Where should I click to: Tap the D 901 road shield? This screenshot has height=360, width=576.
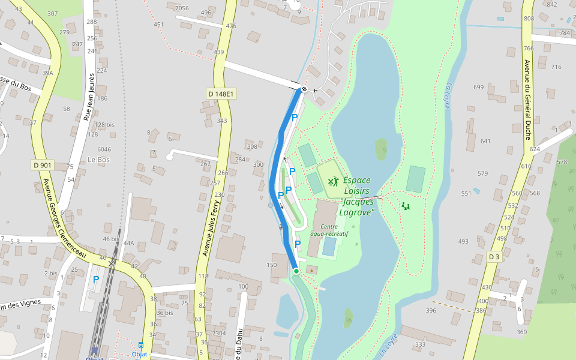click(43, 164)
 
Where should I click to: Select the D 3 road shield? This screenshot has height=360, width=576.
click(494, 257)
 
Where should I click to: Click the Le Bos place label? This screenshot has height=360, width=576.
click(98, 160)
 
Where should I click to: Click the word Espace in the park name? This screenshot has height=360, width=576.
click(356, 180)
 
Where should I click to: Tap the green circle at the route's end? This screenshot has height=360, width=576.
click(296, 271)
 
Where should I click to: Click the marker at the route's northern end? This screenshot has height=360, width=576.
click(304, 89)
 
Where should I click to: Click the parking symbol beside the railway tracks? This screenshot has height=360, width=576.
click(95, 280)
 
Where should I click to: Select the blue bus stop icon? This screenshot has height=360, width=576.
click(141, 345)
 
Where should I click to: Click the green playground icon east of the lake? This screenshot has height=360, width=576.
click(406, 206)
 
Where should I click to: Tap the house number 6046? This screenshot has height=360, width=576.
click(104, 149)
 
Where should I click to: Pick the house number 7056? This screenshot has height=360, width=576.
click(181, 8)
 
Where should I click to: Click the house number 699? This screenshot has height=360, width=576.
click(478, 88)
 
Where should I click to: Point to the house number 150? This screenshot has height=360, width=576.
click(272, 265)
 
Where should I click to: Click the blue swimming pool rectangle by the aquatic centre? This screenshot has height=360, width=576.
click(329, 246)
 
